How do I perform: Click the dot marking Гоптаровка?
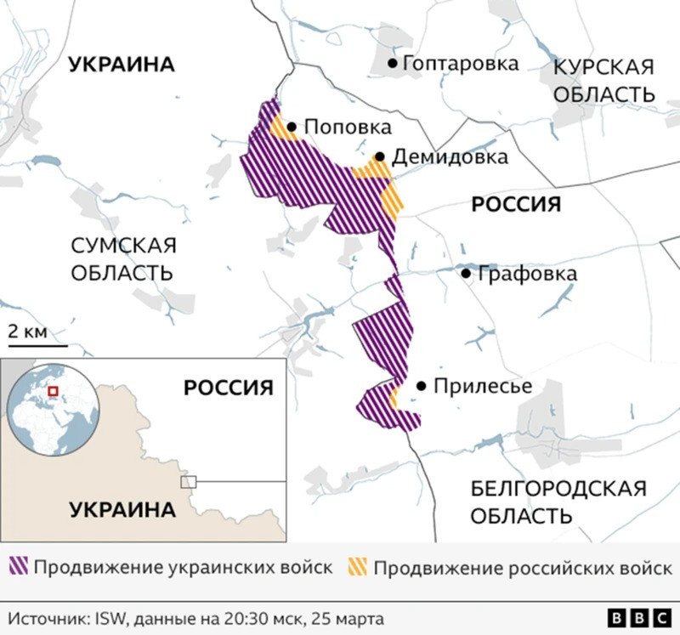tap(393, 63)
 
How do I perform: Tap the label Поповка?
tap(347, 128)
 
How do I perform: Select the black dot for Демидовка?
tap(380, 157)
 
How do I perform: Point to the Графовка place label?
tap(527, 274)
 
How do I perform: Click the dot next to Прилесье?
tap(421, 386)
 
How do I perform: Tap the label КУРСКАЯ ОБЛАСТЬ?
tap(604, 81)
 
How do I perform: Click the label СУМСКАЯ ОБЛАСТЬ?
tap(122, 259)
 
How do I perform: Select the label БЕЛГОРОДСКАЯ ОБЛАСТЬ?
tap(558, 502)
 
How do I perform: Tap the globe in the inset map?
tap(51, 409)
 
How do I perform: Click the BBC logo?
tap(638, 617)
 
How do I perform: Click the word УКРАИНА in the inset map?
tap(122, 510)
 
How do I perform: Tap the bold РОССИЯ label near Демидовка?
tap(516, 204)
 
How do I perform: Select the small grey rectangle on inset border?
tap(188, 482)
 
